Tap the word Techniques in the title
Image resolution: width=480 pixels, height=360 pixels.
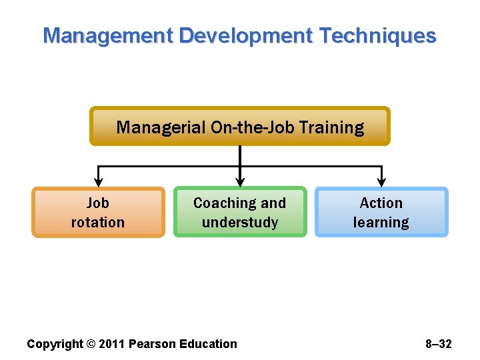[x=377, y=35]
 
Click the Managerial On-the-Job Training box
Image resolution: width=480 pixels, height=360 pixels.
[x=240, y=127]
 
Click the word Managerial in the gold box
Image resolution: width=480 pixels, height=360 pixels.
[x=161, y=127]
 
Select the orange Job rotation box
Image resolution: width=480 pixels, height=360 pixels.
[x=98, y=212]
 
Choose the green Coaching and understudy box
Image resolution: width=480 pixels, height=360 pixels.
[x=240, y=212]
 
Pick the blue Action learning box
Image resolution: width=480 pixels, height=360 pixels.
[x=381, y=212]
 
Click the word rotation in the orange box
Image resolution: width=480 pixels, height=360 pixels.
[x=98, y=222]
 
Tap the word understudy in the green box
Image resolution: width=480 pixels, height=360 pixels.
[x=240, y=223]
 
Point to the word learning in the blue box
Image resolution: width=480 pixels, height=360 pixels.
[x=381, y=223]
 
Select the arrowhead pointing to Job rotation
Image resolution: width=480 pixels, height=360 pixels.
[x=99, y=181]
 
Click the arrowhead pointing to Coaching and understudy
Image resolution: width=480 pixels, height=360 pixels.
[x=240, y=181]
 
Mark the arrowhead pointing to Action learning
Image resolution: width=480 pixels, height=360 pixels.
[x=381, y=181]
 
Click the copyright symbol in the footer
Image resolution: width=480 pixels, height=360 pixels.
[x=91, y=344]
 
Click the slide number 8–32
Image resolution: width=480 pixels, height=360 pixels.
[x=438, y=344]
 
